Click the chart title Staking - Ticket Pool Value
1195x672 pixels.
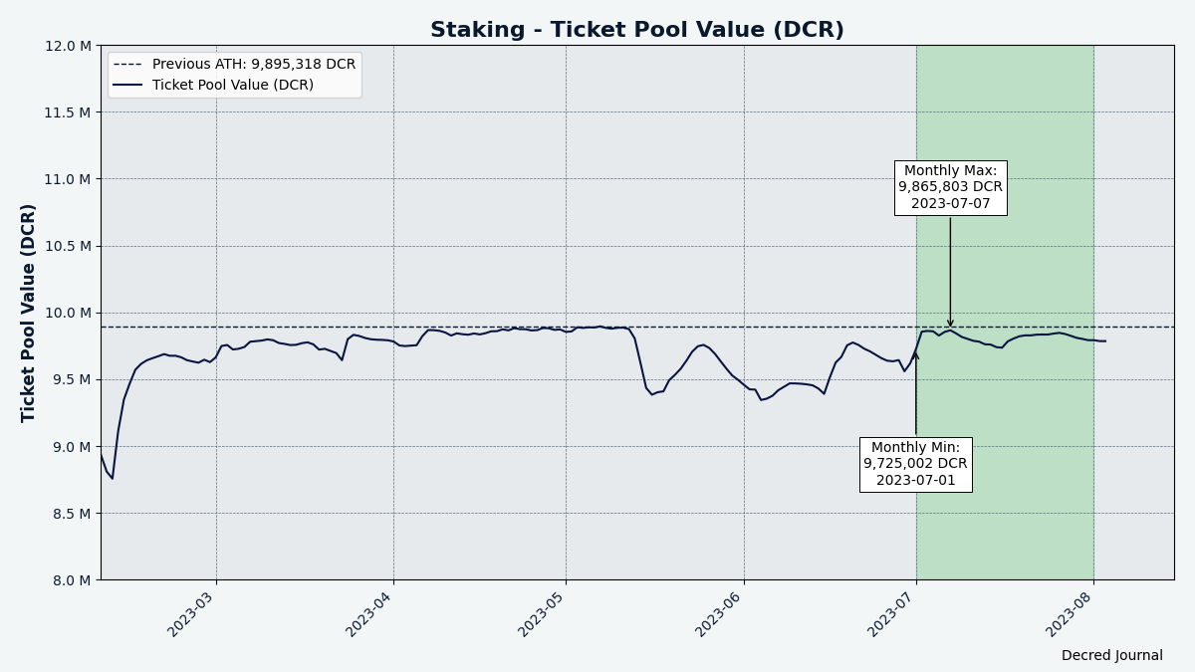636,30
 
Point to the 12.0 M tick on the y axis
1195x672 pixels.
67,46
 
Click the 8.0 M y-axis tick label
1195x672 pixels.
71,580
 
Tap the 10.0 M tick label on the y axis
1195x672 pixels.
67,313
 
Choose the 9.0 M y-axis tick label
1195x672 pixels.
71,447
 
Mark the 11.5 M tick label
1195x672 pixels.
67,112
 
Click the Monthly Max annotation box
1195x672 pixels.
950,187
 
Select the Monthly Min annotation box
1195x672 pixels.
915,464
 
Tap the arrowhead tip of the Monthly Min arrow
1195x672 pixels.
916,350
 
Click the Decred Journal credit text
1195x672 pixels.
1111,656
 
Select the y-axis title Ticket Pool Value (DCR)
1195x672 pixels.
29,313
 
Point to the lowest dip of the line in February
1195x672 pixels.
112,479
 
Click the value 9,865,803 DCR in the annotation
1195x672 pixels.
950,187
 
